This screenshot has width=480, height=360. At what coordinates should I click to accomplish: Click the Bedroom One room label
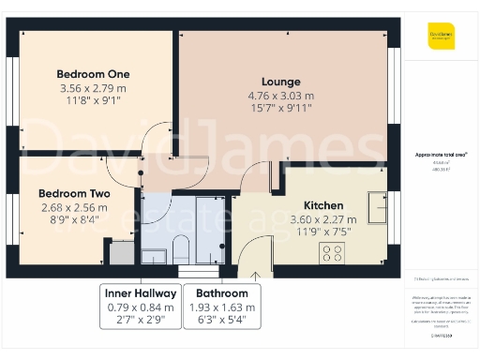point(93,74)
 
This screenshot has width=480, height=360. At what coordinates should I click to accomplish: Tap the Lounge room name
point(280,82)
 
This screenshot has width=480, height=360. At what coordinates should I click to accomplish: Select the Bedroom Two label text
point(74,194)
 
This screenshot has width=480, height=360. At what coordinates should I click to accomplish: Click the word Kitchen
point(323,205)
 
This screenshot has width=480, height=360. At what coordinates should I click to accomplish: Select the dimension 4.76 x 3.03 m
point(280,96)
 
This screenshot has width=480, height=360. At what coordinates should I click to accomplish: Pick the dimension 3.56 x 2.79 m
point(93,88)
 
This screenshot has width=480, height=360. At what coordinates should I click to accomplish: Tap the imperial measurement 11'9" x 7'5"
point(323,232)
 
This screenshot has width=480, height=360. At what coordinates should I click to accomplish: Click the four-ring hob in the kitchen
point(332,251)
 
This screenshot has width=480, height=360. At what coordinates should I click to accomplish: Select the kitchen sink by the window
point(378,203)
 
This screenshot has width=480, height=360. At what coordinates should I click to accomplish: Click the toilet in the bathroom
point(181,248)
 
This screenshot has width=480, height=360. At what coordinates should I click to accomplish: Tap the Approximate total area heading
point(442,154)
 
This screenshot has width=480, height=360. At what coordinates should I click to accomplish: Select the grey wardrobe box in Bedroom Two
point(122,251)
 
